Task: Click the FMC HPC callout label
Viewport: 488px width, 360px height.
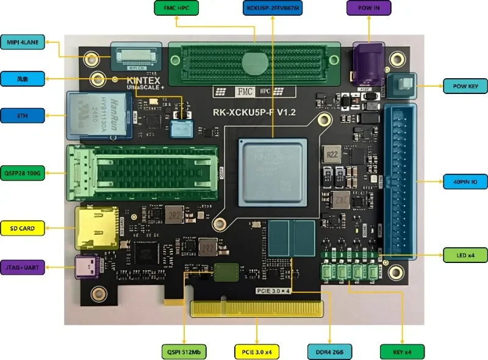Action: pyautogui.click(x=175, y=9)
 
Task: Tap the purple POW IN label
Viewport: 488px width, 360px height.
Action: pyautogui.click(x=368, y=9)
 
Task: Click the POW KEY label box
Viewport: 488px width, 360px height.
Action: pyautogui.click(x=465, y=87)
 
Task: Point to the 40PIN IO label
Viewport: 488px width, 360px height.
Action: pyautogui.click(x=465, y=182)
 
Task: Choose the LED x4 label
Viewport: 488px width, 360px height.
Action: pyautogui.click(x=465, y=254)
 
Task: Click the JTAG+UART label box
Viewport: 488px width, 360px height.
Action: pyautogui.click(x=23, y=266)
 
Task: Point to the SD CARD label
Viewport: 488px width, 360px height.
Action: pyautogui.click(x=23, y=229)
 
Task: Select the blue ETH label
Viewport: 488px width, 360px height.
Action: pyautogui.click(x=23, y=115)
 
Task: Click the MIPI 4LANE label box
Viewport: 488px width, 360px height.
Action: pyautogui.click(x=23, y=42)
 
